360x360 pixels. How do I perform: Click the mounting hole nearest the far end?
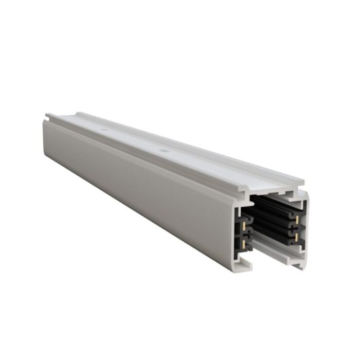pyautogui.click(x=104, y=130)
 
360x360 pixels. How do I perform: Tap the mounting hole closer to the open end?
pyautogui.click(x=164, y=151)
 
